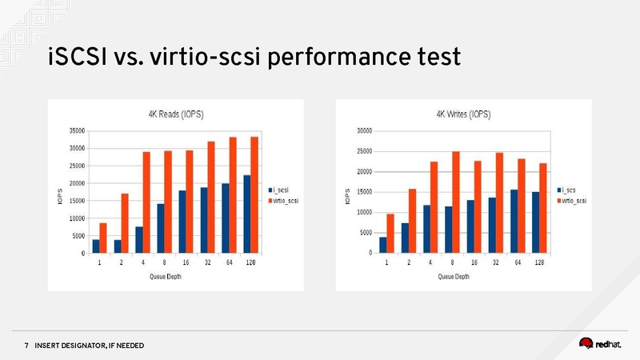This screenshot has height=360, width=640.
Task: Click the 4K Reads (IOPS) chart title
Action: [176, 114]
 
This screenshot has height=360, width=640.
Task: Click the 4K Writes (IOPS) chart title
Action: [463, 114]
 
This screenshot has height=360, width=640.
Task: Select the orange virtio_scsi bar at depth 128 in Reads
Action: [254, 195]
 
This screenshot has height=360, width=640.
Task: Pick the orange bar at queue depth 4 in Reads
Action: [146, 202]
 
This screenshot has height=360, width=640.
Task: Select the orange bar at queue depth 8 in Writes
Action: [455, 202]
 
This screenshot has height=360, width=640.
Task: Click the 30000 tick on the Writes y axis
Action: [363, 130]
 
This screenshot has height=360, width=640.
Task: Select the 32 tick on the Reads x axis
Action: [207, 262]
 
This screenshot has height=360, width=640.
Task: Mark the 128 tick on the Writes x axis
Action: [539, 262]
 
